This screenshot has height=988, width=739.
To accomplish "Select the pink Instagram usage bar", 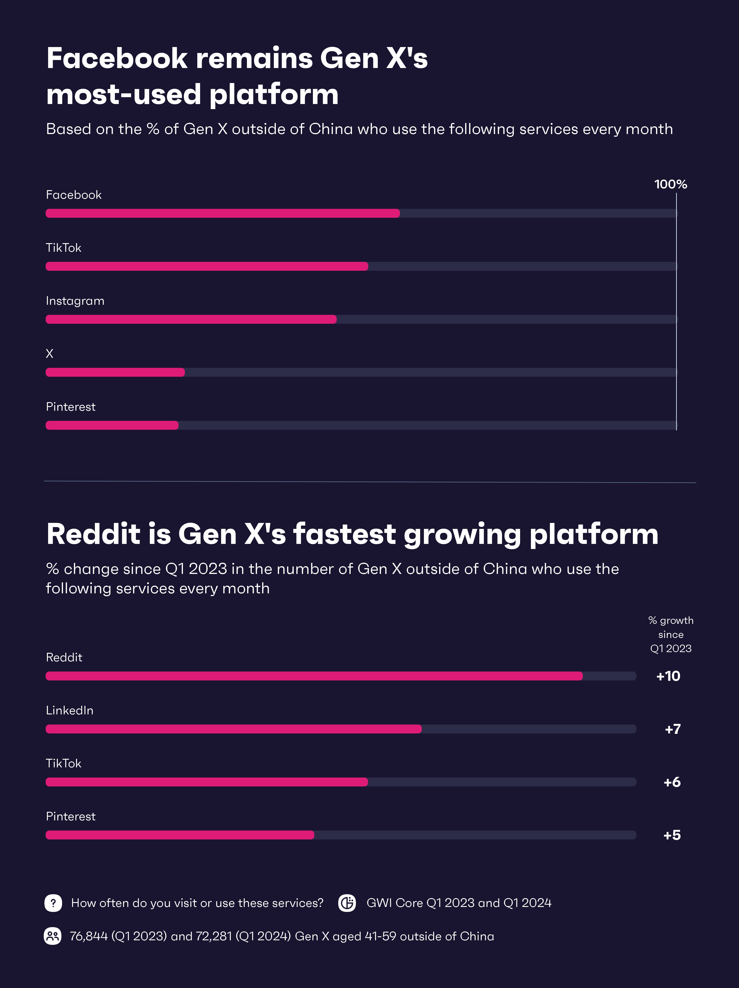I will click(x=191, y=319).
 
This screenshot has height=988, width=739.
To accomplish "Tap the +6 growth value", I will click(x=672, y=782).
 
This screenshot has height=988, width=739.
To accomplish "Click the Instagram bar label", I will click(x=75, y=301).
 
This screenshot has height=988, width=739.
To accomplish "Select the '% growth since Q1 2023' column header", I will click(x=670, y=634).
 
